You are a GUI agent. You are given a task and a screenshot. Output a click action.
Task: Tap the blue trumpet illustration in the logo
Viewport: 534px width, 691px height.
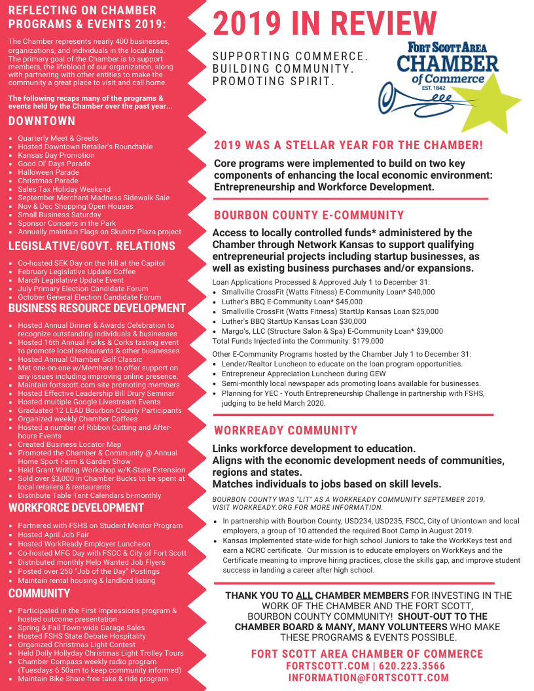[x=406, y=99]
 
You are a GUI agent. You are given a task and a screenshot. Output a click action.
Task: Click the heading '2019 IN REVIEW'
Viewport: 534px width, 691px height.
[x=325, y=24]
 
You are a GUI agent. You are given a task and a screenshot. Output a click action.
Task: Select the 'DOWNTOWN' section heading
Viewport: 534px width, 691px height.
[x=42, y=121]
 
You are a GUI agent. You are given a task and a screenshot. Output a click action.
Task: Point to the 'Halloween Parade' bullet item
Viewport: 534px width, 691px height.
[x=48, y=172]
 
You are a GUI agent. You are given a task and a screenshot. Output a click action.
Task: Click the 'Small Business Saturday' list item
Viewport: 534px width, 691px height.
[x=60, y=215]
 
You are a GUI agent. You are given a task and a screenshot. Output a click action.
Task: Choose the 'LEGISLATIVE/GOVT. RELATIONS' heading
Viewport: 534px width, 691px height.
[x=92, y=246]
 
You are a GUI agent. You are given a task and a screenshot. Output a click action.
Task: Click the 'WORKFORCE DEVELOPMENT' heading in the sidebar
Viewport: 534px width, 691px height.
[x=76, y=507]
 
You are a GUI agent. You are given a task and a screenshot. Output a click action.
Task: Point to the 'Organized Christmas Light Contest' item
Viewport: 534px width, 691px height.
[x=77, y=645]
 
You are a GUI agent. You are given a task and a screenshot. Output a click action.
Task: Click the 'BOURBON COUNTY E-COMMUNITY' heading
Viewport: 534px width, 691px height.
[x=309, y=215]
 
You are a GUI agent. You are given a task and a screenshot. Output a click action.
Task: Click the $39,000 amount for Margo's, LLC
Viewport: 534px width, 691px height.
[x=429, y=331]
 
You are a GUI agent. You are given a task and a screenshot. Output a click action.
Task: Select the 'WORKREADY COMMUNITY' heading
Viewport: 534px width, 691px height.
[x=286, y=431]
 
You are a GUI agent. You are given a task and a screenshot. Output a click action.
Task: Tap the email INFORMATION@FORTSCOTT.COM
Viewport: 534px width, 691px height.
[x=368, y=678]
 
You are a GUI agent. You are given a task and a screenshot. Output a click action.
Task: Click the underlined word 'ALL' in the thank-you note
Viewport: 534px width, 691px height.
[x=304, y=595]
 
